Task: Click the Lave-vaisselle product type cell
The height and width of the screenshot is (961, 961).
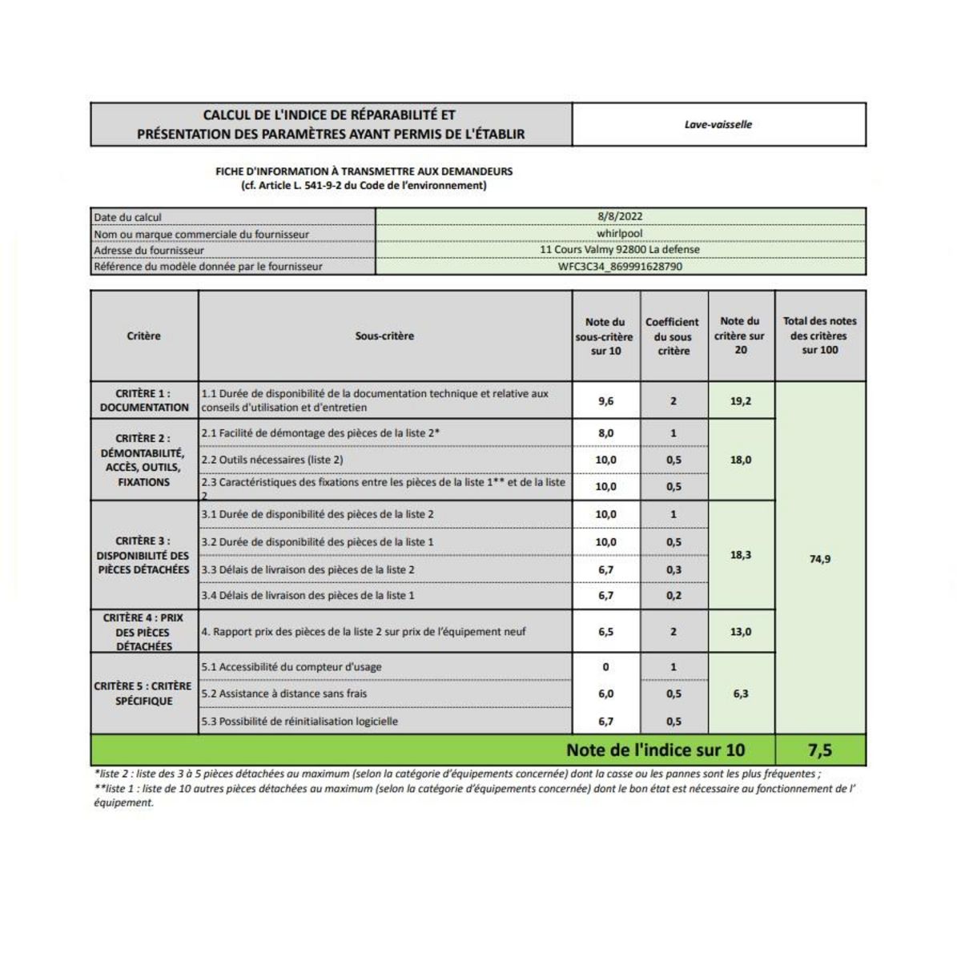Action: (718, 125)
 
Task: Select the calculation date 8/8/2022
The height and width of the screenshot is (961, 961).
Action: (620, 216)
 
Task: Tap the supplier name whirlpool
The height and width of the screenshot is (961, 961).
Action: (620, 234)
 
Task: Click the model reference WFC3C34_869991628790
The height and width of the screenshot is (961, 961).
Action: (620, 267)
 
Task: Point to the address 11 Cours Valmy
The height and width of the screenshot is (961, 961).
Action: (620, 250)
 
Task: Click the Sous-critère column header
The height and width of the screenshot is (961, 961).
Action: (384, 336)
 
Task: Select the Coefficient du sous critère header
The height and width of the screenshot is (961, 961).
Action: (673, 336)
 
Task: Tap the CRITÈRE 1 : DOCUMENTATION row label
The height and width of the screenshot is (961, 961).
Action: (144, 400)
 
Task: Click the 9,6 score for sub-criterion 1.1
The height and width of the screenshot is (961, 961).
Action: (605, 401)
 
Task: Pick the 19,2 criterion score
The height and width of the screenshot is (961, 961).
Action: (741, 401)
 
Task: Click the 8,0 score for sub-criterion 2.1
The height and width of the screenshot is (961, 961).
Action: (605, 433)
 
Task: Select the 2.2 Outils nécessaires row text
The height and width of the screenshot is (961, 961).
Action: (272, 460)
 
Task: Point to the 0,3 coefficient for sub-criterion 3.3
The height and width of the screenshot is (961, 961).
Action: (674, 569)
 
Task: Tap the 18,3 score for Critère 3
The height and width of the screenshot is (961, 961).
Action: (741, 554)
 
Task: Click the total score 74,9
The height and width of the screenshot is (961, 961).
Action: (820, 559)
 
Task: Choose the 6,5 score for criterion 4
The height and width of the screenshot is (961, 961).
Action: (605, 632)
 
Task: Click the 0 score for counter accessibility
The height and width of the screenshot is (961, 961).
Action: (605, 667)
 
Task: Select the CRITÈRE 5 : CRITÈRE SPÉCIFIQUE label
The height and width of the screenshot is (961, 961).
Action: (143, 694)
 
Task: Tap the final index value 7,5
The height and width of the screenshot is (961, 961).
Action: (820, 750)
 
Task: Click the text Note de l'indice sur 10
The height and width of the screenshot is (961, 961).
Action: (655, 750)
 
